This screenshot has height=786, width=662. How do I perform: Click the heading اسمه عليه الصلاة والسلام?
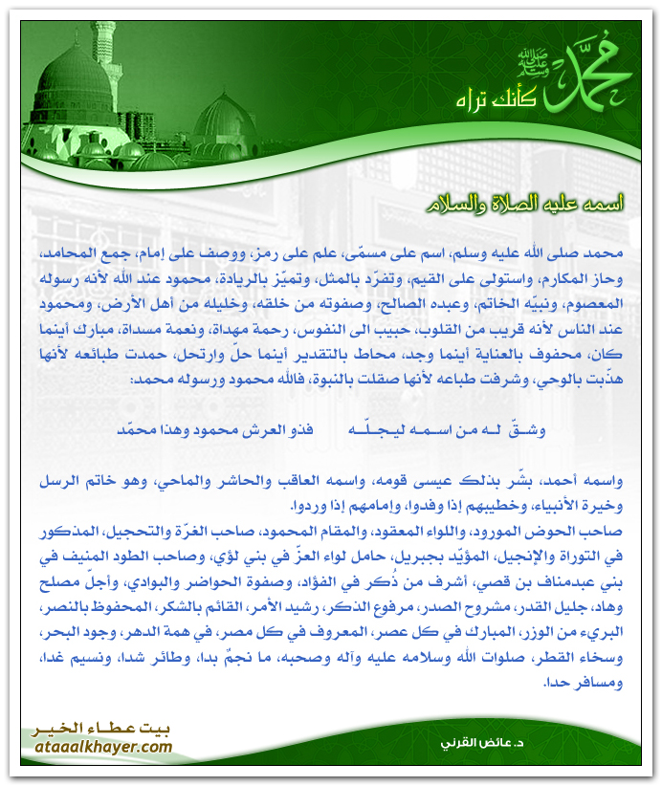pos(524,206)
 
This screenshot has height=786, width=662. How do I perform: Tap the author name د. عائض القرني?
pos(462,742)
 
